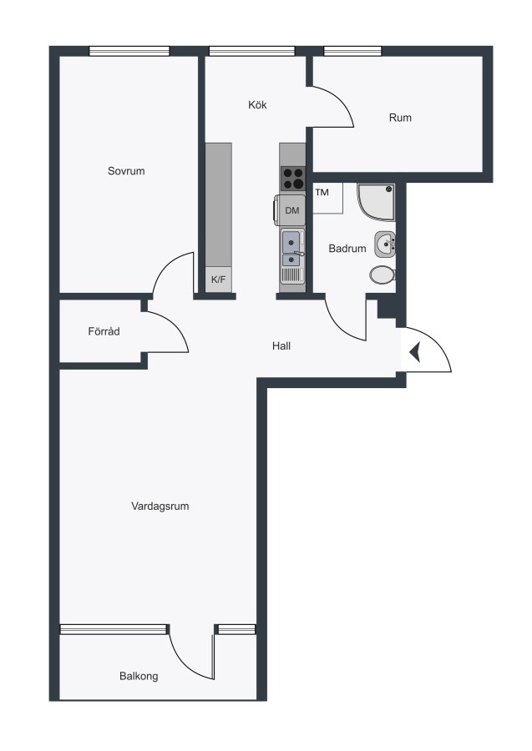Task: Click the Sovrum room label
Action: click(126, 171)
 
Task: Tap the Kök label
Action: click(257, 104)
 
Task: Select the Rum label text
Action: click(400, 118)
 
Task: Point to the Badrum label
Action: click(347, 248)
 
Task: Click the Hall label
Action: click(281, 345)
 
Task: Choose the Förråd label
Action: click(104, 331)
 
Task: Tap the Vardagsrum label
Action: click(160, 506)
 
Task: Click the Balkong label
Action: click(139, 676)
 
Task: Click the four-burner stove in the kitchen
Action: click(292, 179)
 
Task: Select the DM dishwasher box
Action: click(291, 210)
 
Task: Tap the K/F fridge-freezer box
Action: click(219, 280)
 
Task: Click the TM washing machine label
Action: click(322, 193)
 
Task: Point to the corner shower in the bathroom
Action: click(376, 202)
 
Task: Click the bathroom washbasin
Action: click(385, 244)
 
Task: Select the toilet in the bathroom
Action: click(383, 275)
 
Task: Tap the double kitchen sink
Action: click(292, 248)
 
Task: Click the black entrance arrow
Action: click(415, 352)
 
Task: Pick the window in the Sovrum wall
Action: click(129, 51)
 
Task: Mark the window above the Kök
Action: click(252, 51)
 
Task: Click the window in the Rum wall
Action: click(352, 51)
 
